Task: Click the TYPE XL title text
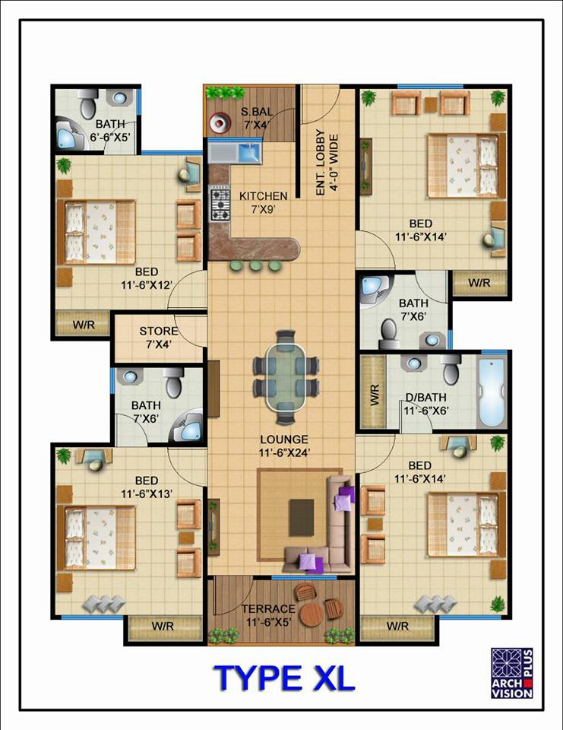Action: (x=284, y=678)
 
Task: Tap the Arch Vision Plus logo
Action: (x=512, y=673)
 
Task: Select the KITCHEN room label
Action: (x=264, y=196)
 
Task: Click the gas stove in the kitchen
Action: (x=220, y=205)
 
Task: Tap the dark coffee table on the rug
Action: (x=301, y=517)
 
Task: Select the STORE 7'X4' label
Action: (x=159, y=338)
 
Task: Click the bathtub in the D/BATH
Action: (x=492, y=392)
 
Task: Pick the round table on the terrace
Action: (x=312, y=615)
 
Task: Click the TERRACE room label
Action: (x=268, y=609)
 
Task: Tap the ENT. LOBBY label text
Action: (x=320, y=162)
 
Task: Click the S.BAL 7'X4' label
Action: (x=257, y=119)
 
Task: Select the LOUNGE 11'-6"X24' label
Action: (x=284, y=446)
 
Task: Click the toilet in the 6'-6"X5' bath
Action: (x=88, y=103)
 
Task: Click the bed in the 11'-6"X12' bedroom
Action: (x=96, y=233)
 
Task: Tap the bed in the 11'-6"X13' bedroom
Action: (x=96, y=538)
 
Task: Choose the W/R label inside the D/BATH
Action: (x=375, y=395)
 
